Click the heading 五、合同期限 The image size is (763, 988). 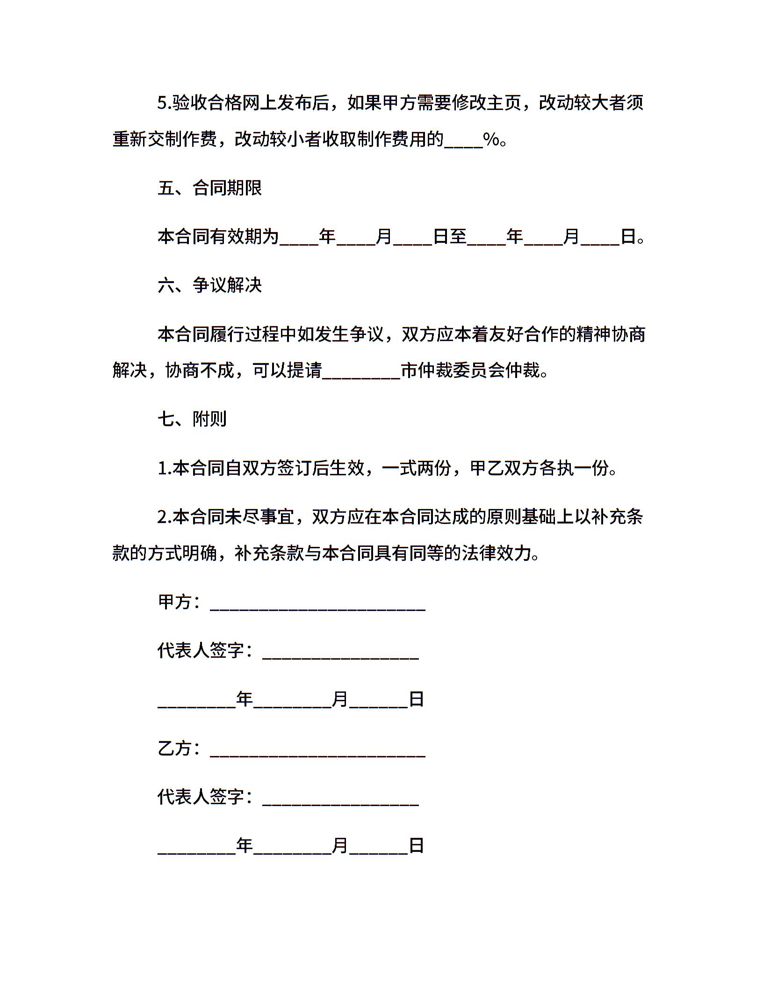pyautogui.click(x=209, y=188)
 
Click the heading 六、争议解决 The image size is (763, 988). pyautogui.click(x=209, y=285)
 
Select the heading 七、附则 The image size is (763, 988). pyautogui.click(x=192, y=419)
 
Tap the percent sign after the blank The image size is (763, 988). pyautogui.click(x=491, y=139)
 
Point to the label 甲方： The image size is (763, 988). pyautogui.click(x=180, y=602)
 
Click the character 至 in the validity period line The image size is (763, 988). pyautogui.click(x=459, y=237)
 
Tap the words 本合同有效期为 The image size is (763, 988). pyautogui.click(x=218, y=237)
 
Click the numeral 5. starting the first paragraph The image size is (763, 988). pyautogui.click(x=165, y=103)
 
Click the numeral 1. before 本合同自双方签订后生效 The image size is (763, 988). pyautogui.click(x=165, y=468)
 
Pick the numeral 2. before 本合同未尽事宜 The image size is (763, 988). pyautogui.click(x=165, y=517)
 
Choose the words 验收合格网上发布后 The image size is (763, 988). pyautogui.click(x=251, y=103)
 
